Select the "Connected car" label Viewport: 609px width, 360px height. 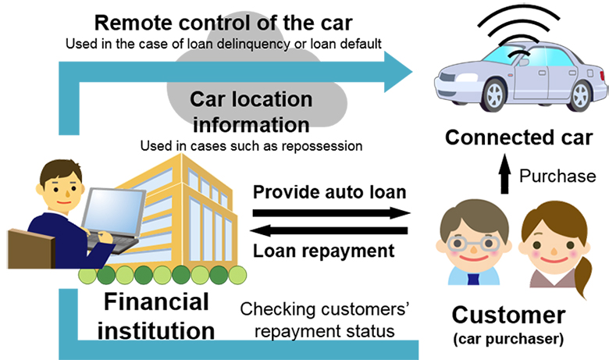click(518, 138)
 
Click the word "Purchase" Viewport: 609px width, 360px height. click(557, 176)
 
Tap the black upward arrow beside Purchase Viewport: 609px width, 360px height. click(503, 175)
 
